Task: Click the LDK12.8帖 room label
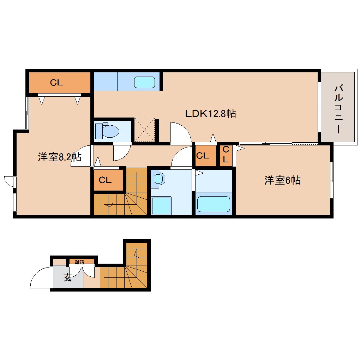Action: click(210, 114)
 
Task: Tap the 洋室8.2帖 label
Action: click(59, 157)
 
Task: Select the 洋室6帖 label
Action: click(282, 181)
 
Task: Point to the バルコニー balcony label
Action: click(338, 109)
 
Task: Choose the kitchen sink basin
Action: click(144, 82)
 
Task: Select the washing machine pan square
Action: click(161, 205)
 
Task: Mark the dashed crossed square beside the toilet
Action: click(145, 130)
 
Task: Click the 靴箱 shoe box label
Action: click(79, 262)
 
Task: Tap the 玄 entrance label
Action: click(67, 277)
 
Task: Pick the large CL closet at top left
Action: click(56, 83)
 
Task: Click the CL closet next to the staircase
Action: click(105, 180)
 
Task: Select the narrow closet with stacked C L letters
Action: click(226, 154)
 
